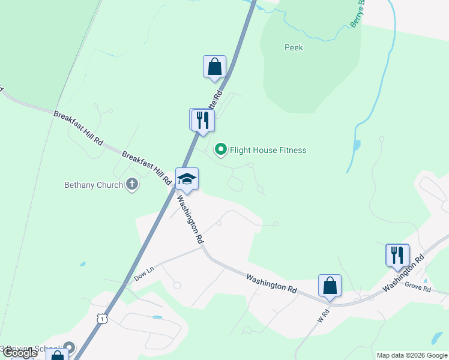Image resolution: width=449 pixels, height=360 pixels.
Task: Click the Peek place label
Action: coord(294,47)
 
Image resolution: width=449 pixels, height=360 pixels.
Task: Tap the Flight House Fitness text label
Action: coord(268,150)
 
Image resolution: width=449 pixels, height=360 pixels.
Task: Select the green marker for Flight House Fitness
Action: coord(221,150)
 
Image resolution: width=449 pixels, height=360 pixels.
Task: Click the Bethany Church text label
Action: coord(93,185)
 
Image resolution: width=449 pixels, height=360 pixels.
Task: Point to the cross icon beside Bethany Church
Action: coord(132,185)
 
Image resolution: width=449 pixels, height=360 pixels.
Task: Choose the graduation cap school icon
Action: coord(187,179)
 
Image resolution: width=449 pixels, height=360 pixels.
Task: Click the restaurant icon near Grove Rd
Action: coord(397,254)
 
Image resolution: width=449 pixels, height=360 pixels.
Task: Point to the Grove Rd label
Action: coord(418,289)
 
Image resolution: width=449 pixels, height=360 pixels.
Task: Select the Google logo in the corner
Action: coord(19,353)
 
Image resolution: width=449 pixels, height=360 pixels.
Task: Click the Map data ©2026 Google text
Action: coord(412,355)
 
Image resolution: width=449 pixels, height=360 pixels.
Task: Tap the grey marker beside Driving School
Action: coord(70,348)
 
